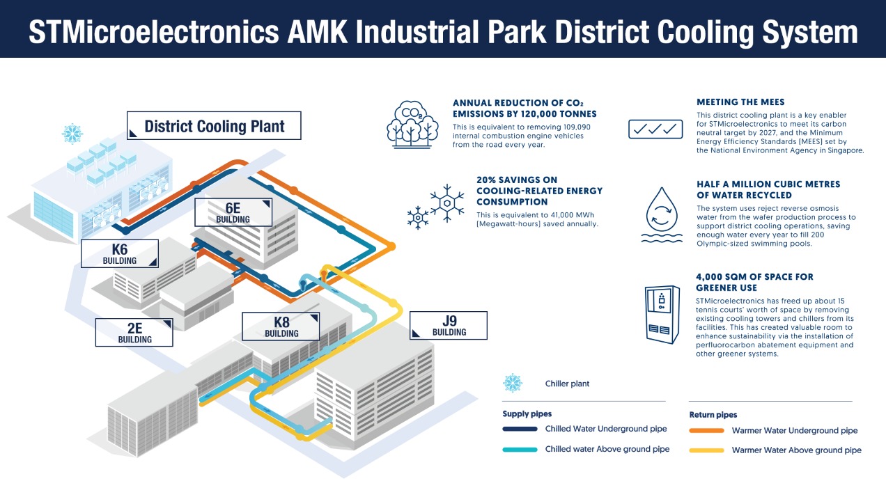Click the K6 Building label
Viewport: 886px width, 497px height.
120,253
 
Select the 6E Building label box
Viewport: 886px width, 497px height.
233,212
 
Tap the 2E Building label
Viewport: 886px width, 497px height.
134,332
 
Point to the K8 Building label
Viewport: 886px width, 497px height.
281,326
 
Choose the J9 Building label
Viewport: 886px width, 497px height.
449,325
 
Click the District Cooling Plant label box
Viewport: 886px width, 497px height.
215,126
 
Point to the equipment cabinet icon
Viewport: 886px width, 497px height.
661,314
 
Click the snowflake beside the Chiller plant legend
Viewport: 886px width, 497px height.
513,383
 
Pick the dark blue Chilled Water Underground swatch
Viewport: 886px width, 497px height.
520,429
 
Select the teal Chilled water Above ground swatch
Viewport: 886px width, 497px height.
520,450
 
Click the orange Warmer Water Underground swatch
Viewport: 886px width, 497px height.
706,430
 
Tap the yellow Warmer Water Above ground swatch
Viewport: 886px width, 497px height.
706,450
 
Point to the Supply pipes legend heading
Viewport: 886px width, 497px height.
527,414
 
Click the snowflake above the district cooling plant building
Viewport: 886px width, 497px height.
72,134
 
